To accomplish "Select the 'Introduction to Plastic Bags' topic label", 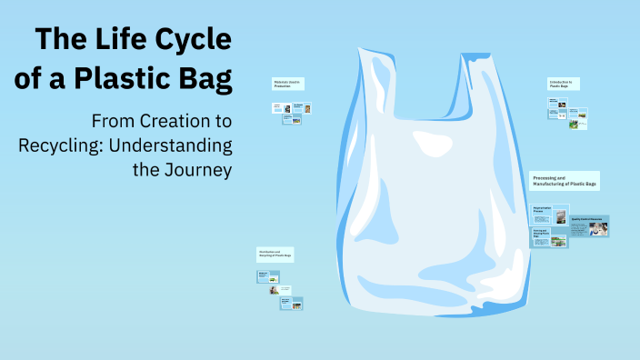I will [x=564, y=84].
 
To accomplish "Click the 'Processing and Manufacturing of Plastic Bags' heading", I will [x=565, y=180].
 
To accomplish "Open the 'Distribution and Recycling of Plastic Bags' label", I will [x=275, y=254].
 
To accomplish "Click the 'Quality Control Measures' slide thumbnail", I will [x=589, y=226].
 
